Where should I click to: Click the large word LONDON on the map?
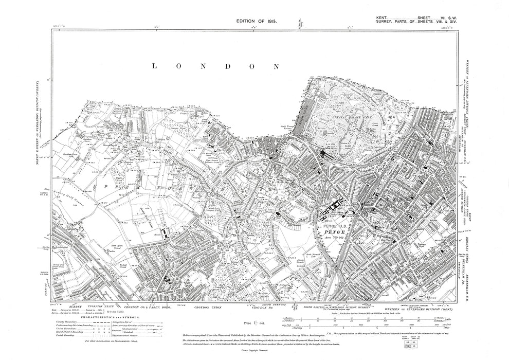coord(216,66)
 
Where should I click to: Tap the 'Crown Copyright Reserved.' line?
coord(255,354)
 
